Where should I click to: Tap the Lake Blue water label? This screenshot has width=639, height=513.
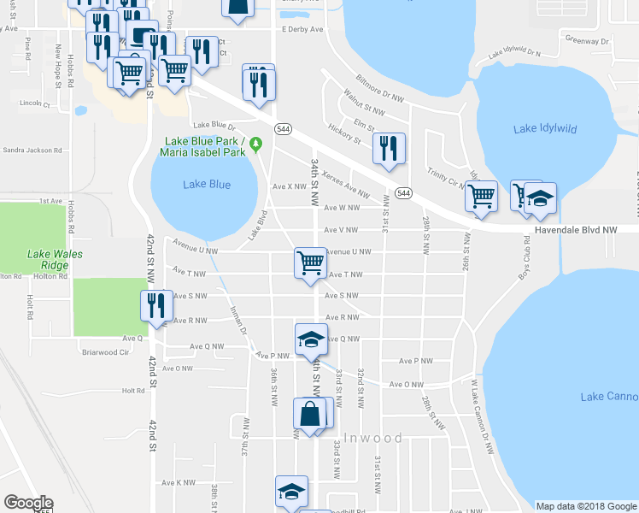click(x=207, y=184)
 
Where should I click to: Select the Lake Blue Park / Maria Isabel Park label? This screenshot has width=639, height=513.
click(x=203, y=146)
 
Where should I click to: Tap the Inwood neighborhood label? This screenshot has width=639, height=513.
click(x=374, y=438)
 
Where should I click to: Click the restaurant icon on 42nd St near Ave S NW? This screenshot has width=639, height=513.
click(x=155, y=305)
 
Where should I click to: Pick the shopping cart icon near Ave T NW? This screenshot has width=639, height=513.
click(x=309, y=262)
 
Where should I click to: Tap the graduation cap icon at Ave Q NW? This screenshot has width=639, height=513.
click(x=311, y=339)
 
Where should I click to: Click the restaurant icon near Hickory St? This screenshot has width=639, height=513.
click(x=389, y=148)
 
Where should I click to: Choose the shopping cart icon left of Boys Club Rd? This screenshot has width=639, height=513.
click(x=482, y=195)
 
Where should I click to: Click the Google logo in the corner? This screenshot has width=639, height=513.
click(x=28, y=503)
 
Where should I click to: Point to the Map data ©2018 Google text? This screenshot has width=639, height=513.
click(x=586, y=506)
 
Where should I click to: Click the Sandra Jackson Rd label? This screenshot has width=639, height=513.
click(x=32, y=150)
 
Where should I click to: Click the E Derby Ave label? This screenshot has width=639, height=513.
click(x=303, y=29)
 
